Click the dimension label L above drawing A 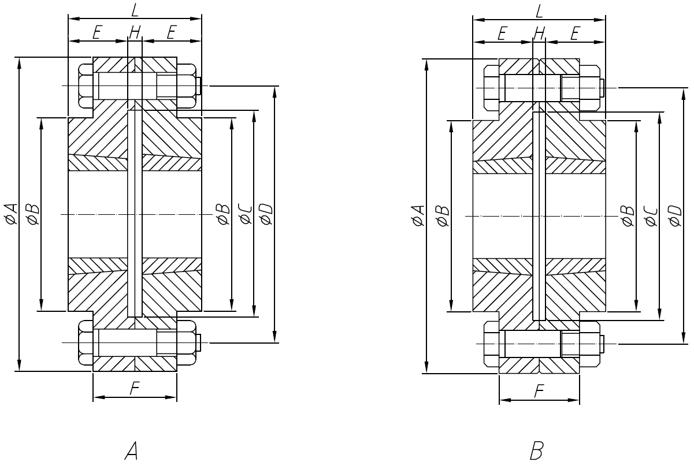135,10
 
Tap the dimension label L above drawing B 539,10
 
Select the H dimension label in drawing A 135,33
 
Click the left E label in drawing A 97,33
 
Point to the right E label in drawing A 171,33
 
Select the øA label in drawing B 418,215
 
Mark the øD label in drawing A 266,214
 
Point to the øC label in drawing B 650,215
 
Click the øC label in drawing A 245,214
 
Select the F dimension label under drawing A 134,389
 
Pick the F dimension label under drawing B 539,392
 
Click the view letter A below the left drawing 131,449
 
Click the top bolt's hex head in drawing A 86,86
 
